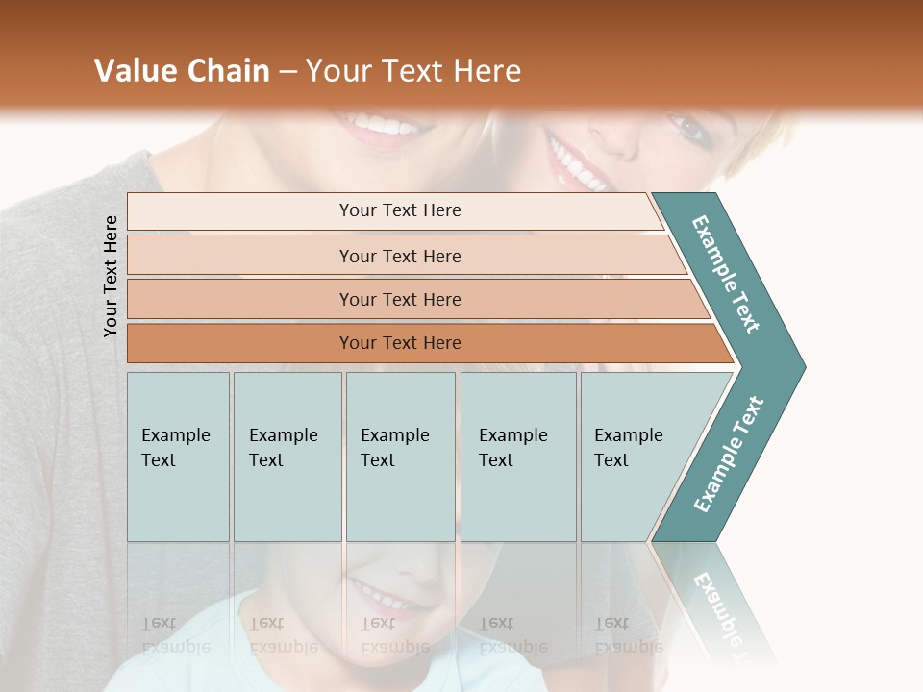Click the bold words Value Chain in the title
[182, 71]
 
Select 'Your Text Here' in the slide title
[413, 71]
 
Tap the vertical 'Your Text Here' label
[111, 276]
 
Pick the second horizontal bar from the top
[400, 256]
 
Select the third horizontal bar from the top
[400, 299]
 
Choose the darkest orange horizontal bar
[400, 343]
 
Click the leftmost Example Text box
[178, 457]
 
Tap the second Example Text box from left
[287, 457]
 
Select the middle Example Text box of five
[400, 457]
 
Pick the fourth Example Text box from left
[517, 457]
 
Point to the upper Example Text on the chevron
[727, 274]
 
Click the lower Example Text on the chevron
[729, 455]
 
